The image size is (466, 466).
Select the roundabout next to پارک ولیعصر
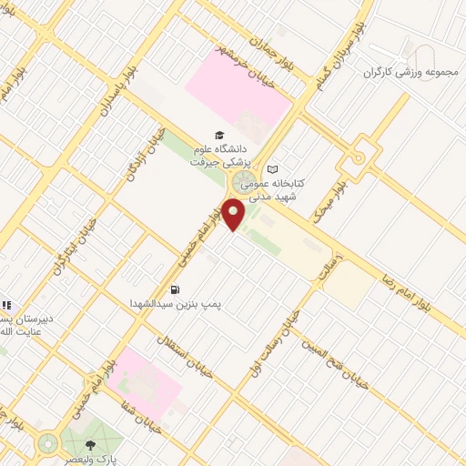(x=46, y=443)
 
